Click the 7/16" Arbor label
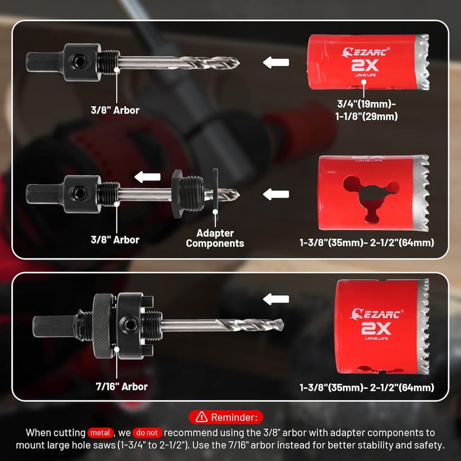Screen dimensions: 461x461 [121, 386]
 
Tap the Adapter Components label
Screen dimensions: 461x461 [215, 238]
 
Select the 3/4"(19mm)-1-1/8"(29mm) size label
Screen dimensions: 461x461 [366, 110]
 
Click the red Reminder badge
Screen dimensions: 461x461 [226, 417]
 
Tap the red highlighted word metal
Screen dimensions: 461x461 [100, 433]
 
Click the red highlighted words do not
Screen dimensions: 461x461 [148, 433]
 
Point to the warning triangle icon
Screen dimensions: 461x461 [202, 416]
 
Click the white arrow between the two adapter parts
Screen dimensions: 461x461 [148, 177]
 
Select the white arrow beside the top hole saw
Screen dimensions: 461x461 [276, 62]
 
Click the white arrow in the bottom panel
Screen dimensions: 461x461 [276, 300]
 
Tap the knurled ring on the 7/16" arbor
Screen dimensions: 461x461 [103, 326]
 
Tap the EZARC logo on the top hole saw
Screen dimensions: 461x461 [365, 52]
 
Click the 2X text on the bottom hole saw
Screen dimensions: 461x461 [376, 328]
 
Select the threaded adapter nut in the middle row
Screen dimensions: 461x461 [188, 193]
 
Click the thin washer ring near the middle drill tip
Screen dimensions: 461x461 [215, 194]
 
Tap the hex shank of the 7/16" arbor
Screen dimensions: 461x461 [55, 326]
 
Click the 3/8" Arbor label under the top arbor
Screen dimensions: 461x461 [115, 110]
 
